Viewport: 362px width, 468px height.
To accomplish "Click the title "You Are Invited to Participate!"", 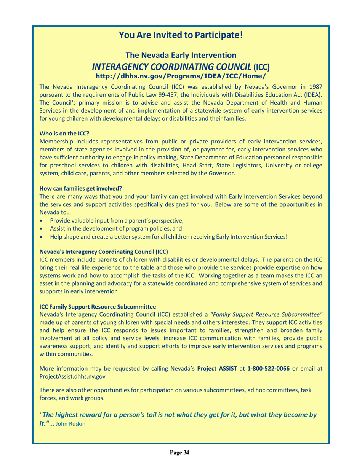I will (x=181, y=35).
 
